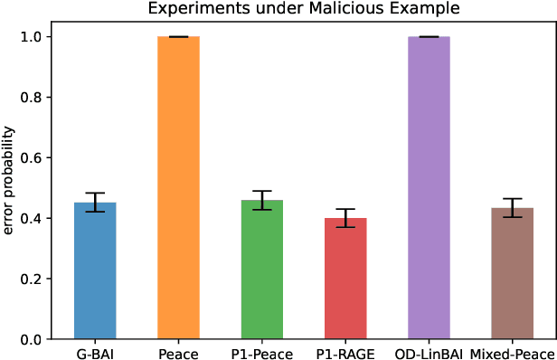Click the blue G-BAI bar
pyautogui.click(x=94, y=271)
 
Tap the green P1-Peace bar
pyautogui.click(x=261, y=270)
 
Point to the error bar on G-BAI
pyautogui.click(x=94, y=203)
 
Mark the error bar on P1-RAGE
pyautogui.click(x=345, y=218)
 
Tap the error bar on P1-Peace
pyautogui.click(x=261, y=200)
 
